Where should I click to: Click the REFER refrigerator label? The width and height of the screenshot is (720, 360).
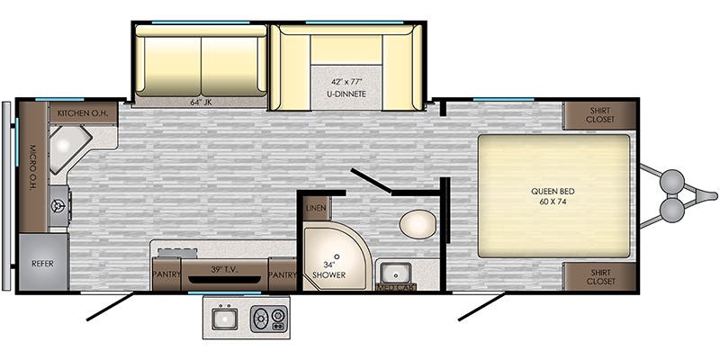pos(42,264)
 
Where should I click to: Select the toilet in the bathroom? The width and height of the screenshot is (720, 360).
pos(417,223)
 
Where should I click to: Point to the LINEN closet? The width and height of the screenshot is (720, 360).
pos(316,209)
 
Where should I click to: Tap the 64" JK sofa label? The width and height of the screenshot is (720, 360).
pos(200,102)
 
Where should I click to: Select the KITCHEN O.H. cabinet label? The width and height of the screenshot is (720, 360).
pos(83,112)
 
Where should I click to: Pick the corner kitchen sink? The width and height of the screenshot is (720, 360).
pos(69,148)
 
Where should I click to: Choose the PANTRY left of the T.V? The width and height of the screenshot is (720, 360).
pos(166,274)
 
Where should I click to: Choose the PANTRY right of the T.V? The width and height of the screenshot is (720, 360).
pos(283,274)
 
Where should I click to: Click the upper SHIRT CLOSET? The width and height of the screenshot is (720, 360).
pos(599,116)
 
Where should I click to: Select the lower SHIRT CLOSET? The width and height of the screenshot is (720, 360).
pos(599,277)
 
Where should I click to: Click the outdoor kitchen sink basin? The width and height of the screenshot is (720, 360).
pos(224,319)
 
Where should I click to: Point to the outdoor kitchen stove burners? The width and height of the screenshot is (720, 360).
pos(268,319)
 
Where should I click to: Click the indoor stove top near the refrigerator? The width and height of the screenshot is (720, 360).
pos(59,206)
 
